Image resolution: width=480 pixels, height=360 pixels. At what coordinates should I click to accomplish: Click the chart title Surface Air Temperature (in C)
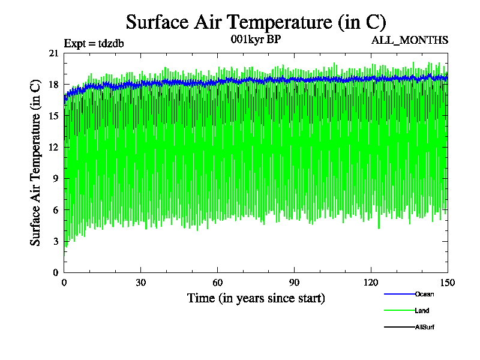(x=256, y=22)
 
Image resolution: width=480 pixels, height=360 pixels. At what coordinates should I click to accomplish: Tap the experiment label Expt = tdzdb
(x=94, y=43)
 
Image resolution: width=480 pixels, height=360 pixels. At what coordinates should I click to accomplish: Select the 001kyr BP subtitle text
(x=256, y=40)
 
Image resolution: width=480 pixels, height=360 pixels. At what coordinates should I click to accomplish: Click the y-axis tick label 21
(x=53, y=53)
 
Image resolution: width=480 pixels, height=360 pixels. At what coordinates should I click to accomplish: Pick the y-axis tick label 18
(x=53, y=85)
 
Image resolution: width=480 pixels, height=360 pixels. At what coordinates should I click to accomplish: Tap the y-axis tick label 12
(x=53, y=147)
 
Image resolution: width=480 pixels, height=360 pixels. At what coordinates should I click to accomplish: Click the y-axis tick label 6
(x=56, y=209)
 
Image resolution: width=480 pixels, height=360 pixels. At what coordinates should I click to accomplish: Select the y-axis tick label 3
(x=56, y=241)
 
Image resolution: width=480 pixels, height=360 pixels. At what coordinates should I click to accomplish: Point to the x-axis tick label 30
(x=141, y=283)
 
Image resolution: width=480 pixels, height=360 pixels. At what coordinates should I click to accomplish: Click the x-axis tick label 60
(x=218, y=283)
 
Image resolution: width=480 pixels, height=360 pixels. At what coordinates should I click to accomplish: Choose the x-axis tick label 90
(x=295, y=283)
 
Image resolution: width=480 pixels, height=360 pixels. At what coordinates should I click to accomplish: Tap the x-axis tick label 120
(x=371, y=283)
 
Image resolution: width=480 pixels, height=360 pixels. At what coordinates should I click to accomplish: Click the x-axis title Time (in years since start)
(x=256, y=298)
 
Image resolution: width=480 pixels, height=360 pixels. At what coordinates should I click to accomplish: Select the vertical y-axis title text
(x=36, y=162)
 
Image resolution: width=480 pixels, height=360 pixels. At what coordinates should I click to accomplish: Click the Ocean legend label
(x=424, y=294)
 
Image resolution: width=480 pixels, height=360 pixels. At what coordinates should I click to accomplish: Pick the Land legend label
(x=422, y=311)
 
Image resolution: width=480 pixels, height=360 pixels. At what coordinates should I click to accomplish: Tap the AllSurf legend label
(x=424, y=327)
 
